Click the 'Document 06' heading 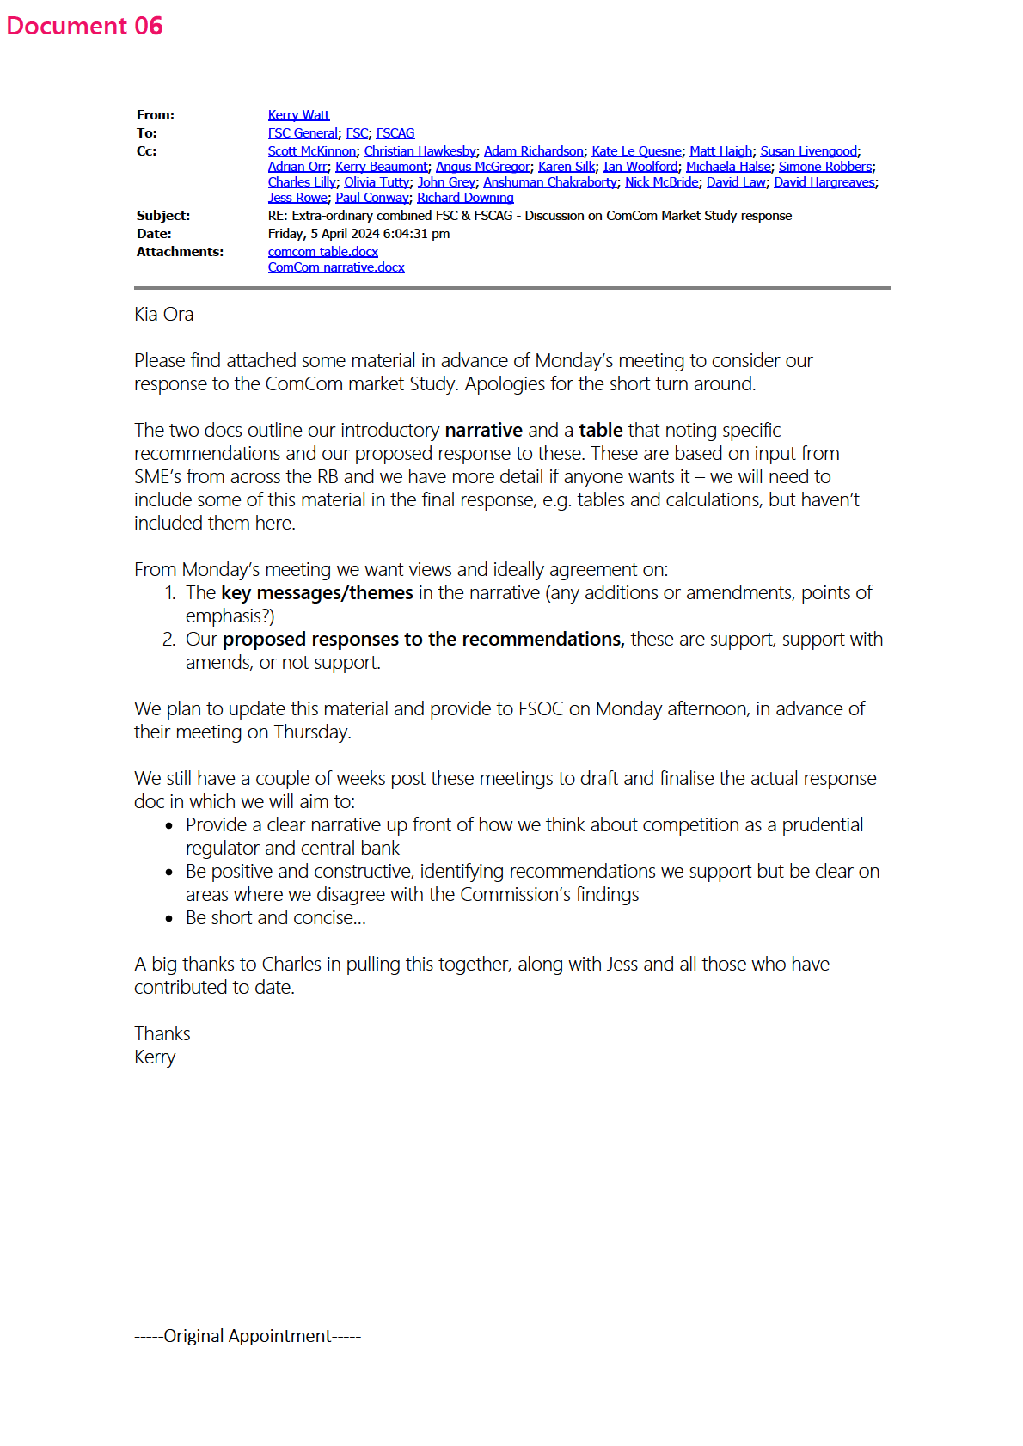84,26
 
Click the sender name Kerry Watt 298,115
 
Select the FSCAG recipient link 395,133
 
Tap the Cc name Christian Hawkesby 420,151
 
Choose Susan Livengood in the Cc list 808,151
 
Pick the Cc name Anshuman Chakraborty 549,182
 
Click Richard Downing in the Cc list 465,198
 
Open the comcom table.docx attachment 322,252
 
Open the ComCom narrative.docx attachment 336,267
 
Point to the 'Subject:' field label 163,216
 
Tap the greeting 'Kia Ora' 164,315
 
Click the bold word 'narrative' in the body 483,430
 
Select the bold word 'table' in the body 600,430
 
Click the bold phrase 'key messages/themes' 316,592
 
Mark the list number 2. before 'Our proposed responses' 168,639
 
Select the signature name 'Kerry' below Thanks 155,1057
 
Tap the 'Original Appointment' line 248,1335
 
